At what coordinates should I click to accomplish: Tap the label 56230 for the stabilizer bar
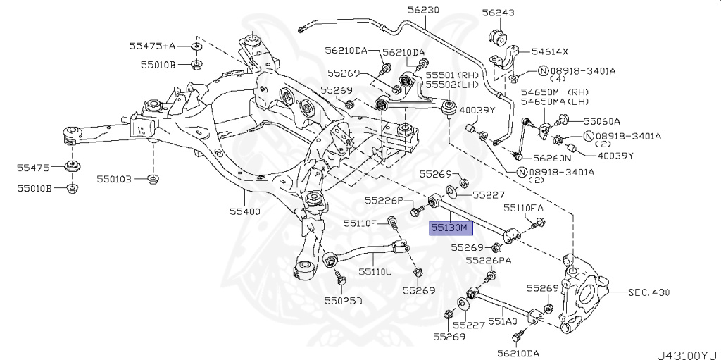click(422, 10)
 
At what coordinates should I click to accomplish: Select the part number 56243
click(498, 13)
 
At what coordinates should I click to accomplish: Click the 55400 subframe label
click(244, 211)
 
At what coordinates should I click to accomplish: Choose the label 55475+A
click(151, 46)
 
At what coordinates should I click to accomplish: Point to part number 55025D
click(343, 301)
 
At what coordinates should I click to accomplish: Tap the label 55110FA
click(523, 209)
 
